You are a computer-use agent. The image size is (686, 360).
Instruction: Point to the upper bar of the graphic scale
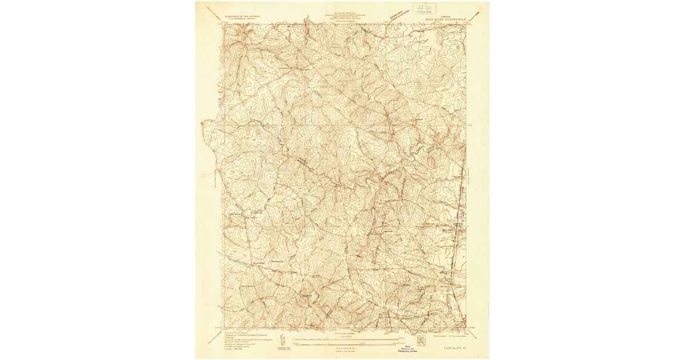coord(343,339)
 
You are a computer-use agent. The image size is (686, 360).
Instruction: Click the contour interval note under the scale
coord(343,346)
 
